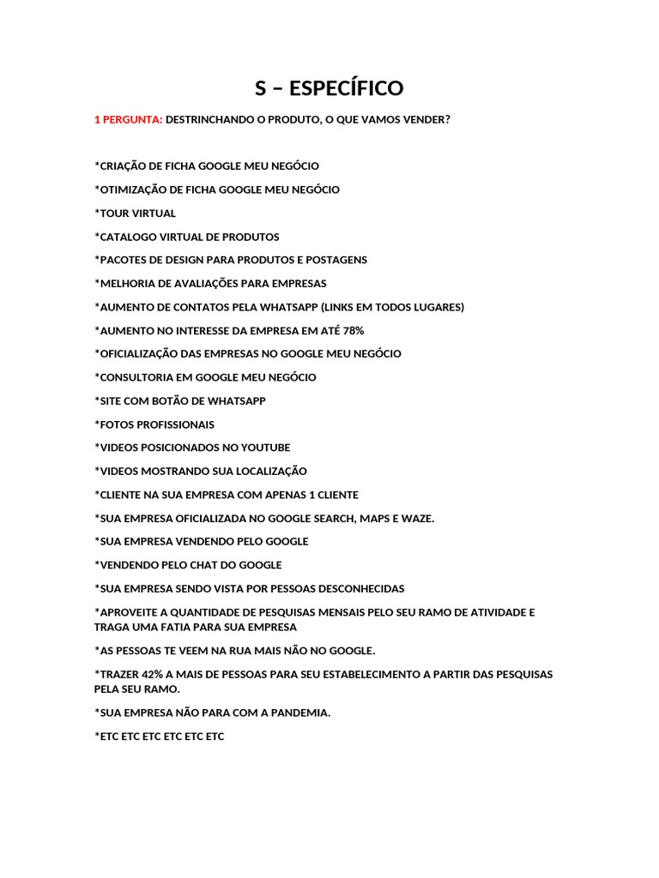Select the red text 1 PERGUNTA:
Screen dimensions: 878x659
[x=128, y=120]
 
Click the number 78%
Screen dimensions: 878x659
[x=353, y=330]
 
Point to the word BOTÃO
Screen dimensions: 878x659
[x=171, y=400]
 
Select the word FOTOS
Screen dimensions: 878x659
[x=116, y=424]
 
